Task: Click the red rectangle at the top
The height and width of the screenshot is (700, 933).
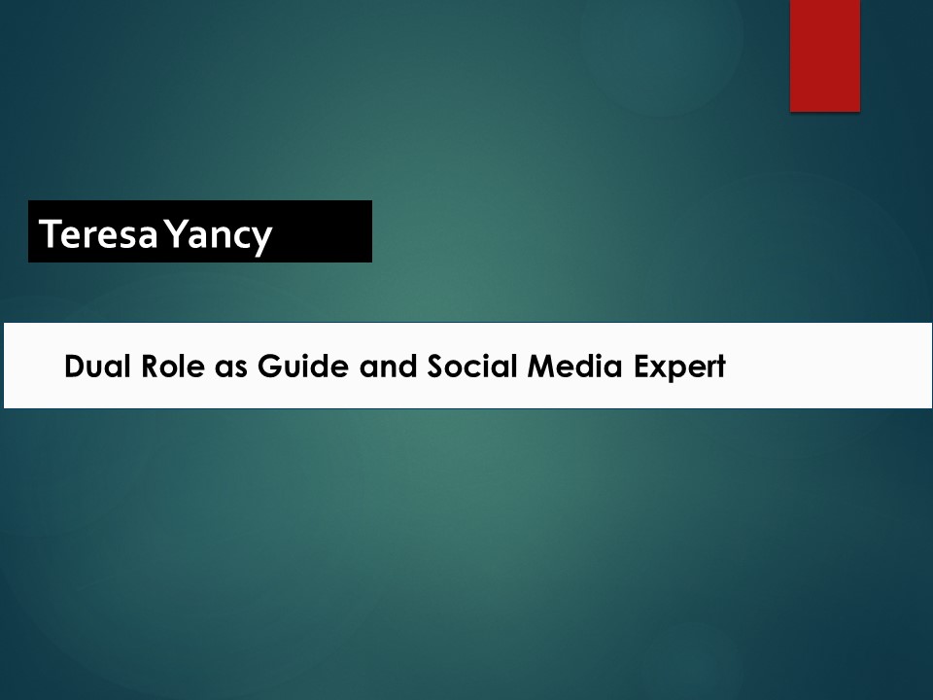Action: [x=824, y=54]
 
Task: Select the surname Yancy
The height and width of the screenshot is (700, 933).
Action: [x=219, y=234]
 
